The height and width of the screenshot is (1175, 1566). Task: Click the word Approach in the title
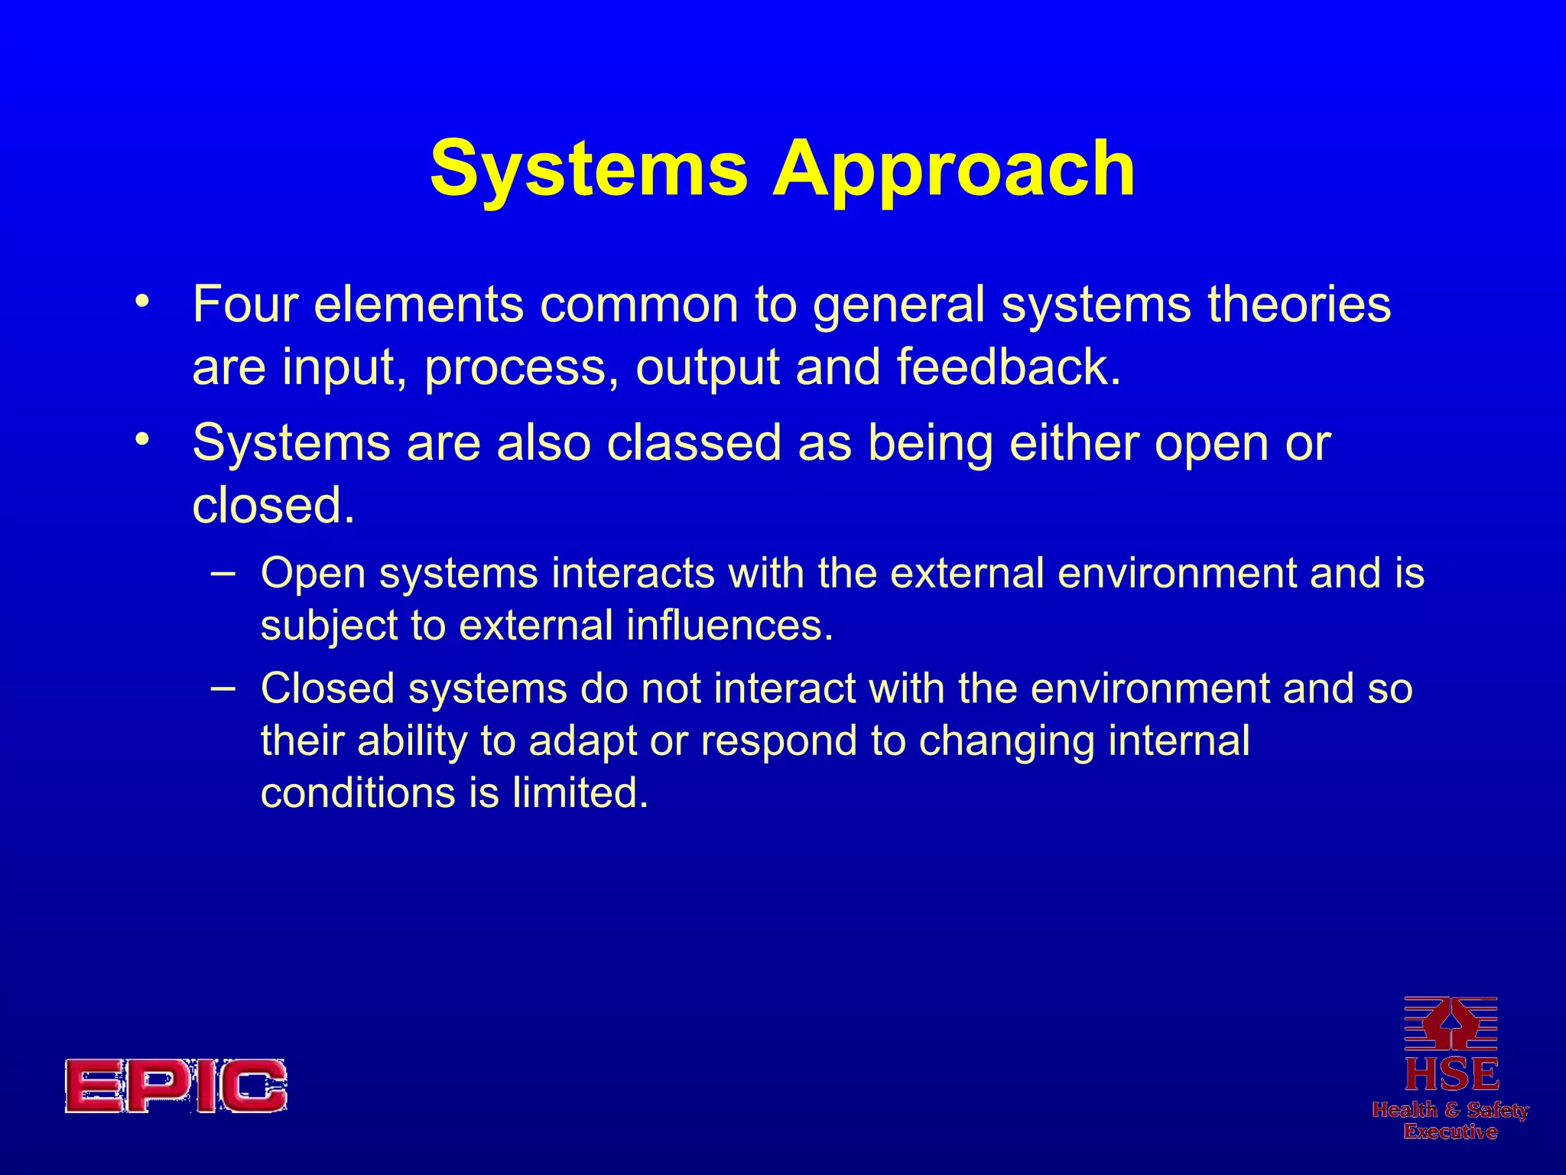pyautogui.click(x=954, y=170)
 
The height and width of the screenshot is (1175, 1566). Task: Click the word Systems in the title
pyautogui.click(x=589, y=170)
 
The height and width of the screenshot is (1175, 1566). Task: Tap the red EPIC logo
pyautogui.click(x=176, y=1085)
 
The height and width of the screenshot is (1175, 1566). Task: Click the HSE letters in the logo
pyautogui.click(x=1451, y=1074)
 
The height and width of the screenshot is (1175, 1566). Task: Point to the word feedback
pyautogui.click(x=1008, y=367)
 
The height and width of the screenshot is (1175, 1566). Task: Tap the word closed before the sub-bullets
pyautogui.click(x=273, y=506)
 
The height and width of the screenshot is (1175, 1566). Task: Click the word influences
pyautogui.click(x=729, y=626)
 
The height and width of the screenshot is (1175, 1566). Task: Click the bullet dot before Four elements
pyautogui.click(x=141, y=301)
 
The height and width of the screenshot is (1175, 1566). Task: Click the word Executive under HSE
pyautogui.click(x=1450, y=1131)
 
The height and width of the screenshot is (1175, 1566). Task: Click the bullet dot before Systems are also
pyautogui.click(x=141, y=441)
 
